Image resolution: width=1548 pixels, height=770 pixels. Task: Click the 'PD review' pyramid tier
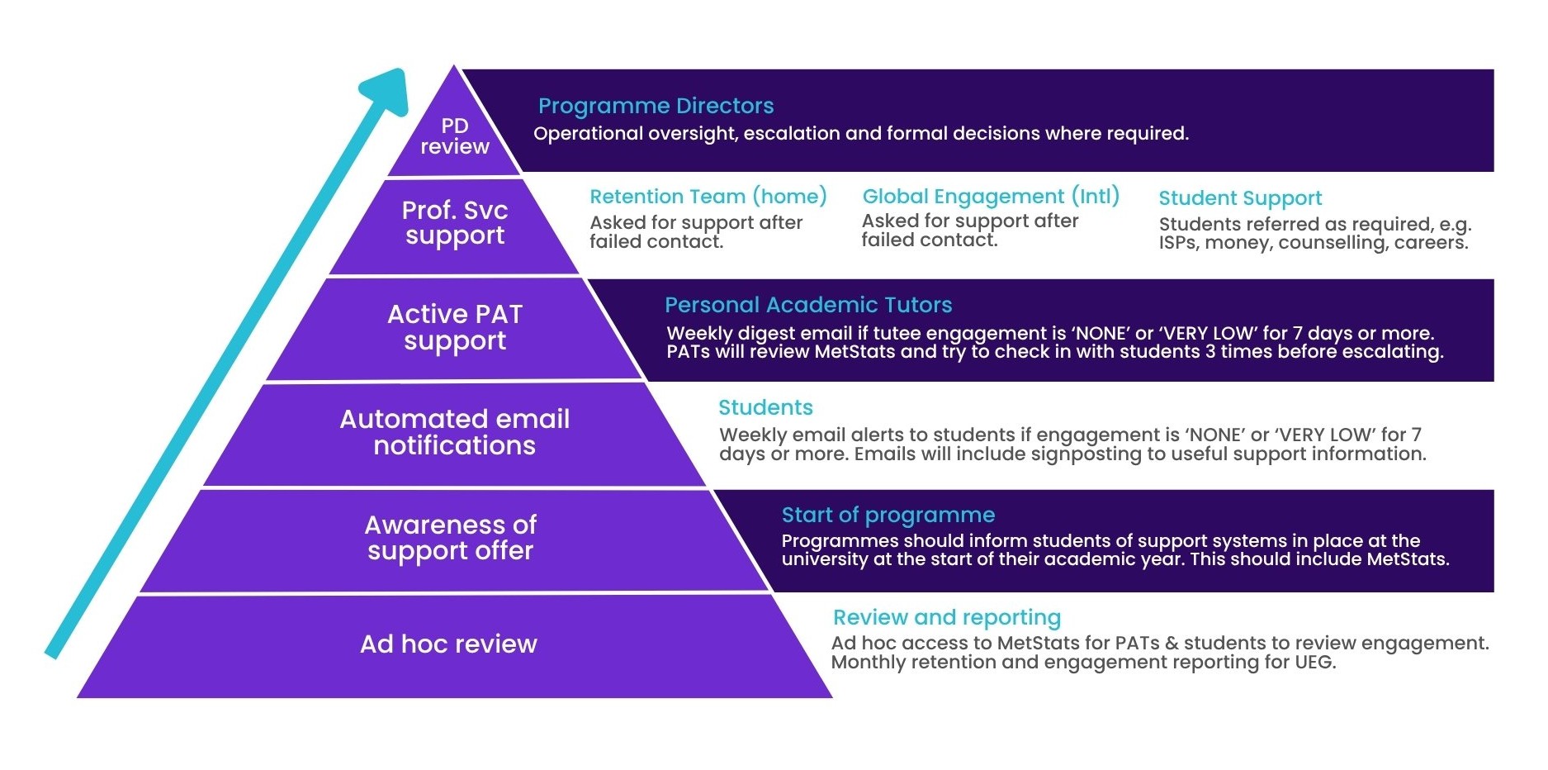click(x=455, y=136)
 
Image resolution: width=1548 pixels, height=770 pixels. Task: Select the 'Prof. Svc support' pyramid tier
click(x=455, y=223)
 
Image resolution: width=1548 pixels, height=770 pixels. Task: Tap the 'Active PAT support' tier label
click(x=455, y=327)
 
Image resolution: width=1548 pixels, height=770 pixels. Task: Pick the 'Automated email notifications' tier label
click(x=455, y=432)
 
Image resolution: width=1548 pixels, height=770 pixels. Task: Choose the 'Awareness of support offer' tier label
click(x=451, y=538)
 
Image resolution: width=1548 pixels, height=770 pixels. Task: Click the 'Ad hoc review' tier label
click(x=448, y=644)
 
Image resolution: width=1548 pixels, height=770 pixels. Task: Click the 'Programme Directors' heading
click(x=656, y=106)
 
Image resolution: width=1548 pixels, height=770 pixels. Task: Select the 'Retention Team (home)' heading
click(x=708, y=197)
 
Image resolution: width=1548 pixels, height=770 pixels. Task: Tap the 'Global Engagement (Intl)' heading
click(x=991, y=197)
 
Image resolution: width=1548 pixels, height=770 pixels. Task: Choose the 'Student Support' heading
click(x=1240, y=198)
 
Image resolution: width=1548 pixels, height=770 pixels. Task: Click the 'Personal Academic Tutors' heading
click(x=808, y=305)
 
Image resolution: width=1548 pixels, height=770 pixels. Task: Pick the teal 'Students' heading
click(x=765, y=407)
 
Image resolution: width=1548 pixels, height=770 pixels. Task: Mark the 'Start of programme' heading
click(x=888, y=515)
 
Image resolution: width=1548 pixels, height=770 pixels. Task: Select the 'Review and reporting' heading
click(x=947, y=617)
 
